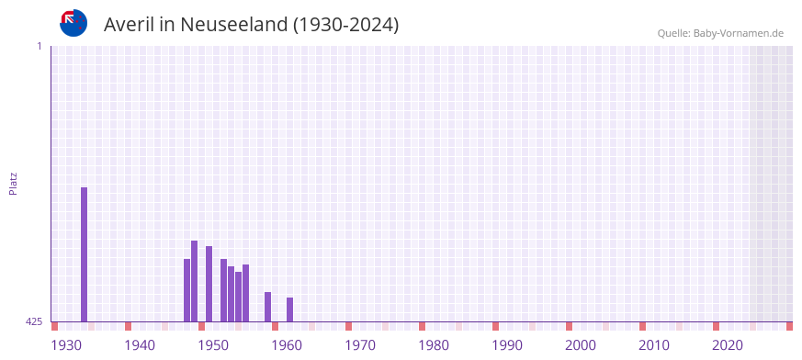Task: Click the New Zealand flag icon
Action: coord(73,23)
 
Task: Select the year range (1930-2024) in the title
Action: coord(345,25)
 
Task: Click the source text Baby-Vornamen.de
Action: coord(739,33)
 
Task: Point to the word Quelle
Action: coord(673,33)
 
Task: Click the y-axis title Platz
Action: coord(13,183)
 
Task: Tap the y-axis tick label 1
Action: coord(39,46)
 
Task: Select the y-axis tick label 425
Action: coord(34,321)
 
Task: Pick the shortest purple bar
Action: coord(289,309)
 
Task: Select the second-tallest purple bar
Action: coord(194,281)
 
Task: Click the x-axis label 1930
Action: coord(66,345)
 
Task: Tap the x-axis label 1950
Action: coord(213,345)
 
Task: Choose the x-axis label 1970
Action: coord(360,345)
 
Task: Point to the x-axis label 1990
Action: coord(507,345)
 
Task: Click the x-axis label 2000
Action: coord(581,345)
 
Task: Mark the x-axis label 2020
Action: coord(728,345)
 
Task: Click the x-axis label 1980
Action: coord(434,345)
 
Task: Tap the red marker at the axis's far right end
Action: coord(789,326)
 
